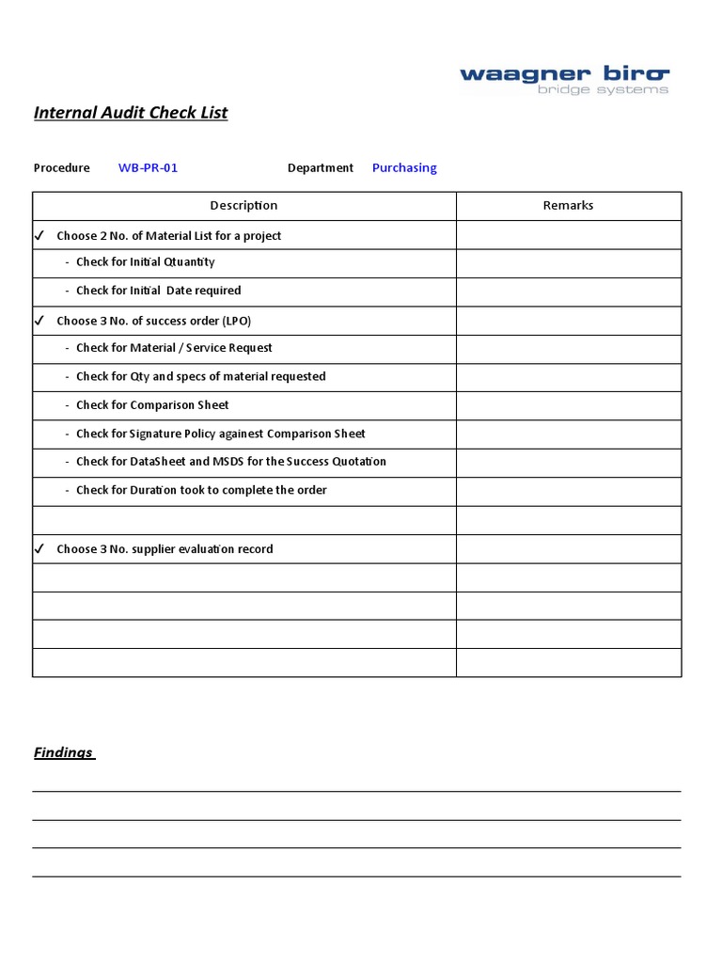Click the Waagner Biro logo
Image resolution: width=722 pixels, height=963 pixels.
pos(564,74)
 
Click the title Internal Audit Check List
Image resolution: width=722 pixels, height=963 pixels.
pos(131,113)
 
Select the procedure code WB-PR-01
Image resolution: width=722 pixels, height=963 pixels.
pos(148,168)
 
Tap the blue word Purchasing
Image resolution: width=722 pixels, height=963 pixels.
pos(404,168)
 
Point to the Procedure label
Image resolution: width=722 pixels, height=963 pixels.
pos(62,168)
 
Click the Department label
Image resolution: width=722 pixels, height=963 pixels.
pos(321,168)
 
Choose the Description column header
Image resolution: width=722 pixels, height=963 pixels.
pos(243,206)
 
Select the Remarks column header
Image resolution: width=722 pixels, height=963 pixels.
pos(568,206)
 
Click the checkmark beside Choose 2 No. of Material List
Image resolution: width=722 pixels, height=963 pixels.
pos(39,235)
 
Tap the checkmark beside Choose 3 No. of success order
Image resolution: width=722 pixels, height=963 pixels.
pos(39,321)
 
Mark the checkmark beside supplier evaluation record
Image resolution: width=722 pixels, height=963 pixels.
pos(39,548)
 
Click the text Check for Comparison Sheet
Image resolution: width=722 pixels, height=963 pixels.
pos(152,405)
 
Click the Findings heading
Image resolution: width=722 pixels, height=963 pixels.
pos(63,752)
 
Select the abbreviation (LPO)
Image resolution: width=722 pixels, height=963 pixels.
pos(237,321)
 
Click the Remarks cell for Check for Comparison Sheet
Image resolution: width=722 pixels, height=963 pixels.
pos(568,405)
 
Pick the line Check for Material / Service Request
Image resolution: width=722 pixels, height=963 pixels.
pos(174,348)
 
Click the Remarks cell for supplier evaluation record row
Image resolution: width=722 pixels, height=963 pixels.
pos(568,549)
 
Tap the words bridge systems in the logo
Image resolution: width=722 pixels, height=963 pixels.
pos(603,90)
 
